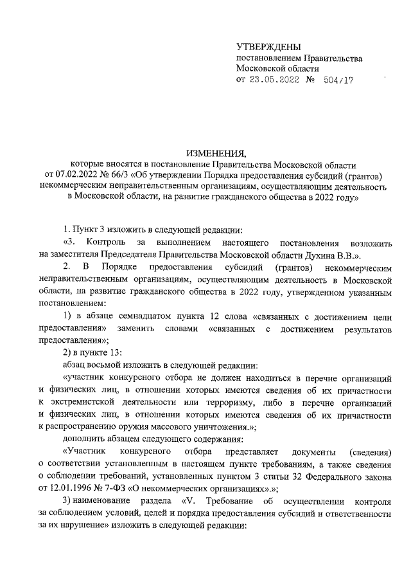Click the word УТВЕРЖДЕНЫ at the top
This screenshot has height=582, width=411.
pyautogui.click(x=269, y=48)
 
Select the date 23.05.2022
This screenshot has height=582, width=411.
pyautogui.click(x=274, y=80)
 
